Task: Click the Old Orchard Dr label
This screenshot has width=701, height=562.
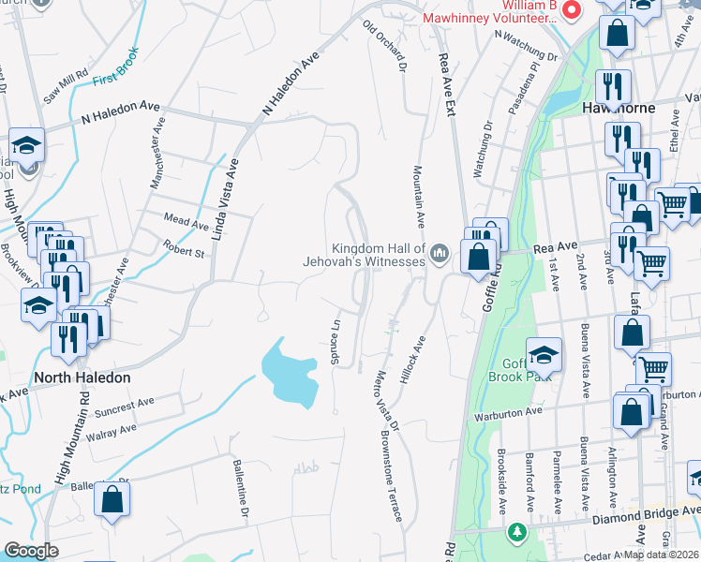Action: (385, 43)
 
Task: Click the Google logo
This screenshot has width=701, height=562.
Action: (31, 551)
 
